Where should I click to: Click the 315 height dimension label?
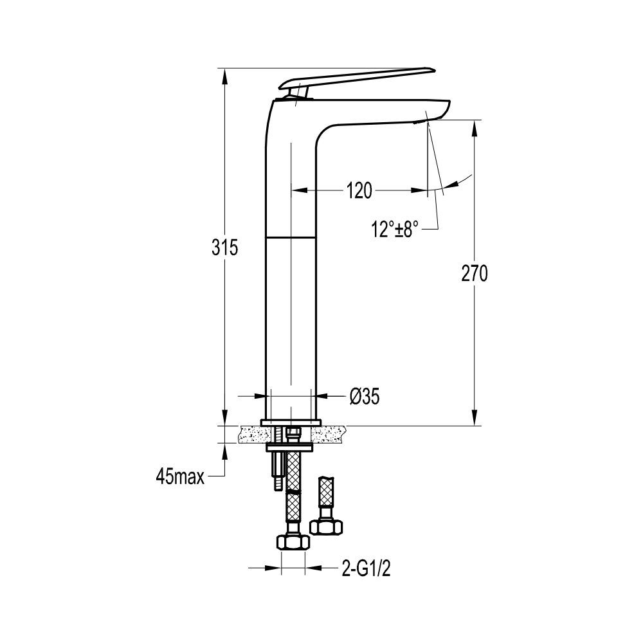point(224,248)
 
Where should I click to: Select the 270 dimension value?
point(475,273)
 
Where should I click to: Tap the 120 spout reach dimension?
point(359,191)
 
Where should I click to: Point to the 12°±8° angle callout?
point(395,229)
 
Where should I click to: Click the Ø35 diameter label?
point(365,397)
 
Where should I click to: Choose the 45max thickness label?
point(180,477)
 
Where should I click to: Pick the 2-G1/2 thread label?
point(367,569)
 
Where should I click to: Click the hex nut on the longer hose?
point(293,542)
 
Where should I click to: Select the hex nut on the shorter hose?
point(326,527)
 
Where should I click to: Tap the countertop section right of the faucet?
point(328,434)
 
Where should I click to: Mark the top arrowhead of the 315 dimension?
point(224,77)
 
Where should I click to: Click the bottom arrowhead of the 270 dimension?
point(475,417)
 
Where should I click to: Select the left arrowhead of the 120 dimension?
point(299,190)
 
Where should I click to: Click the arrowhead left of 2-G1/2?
point(273,568)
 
